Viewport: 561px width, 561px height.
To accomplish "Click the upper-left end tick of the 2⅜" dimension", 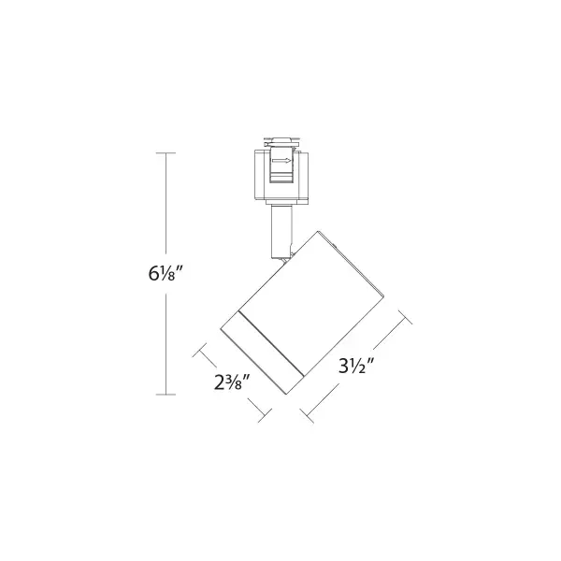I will (x=201, y=353).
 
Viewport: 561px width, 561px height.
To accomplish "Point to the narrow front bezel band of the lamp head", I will (x=262, y=351).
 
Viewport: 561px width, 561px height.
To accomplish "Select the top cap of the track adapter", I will (x=280, y=143).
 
